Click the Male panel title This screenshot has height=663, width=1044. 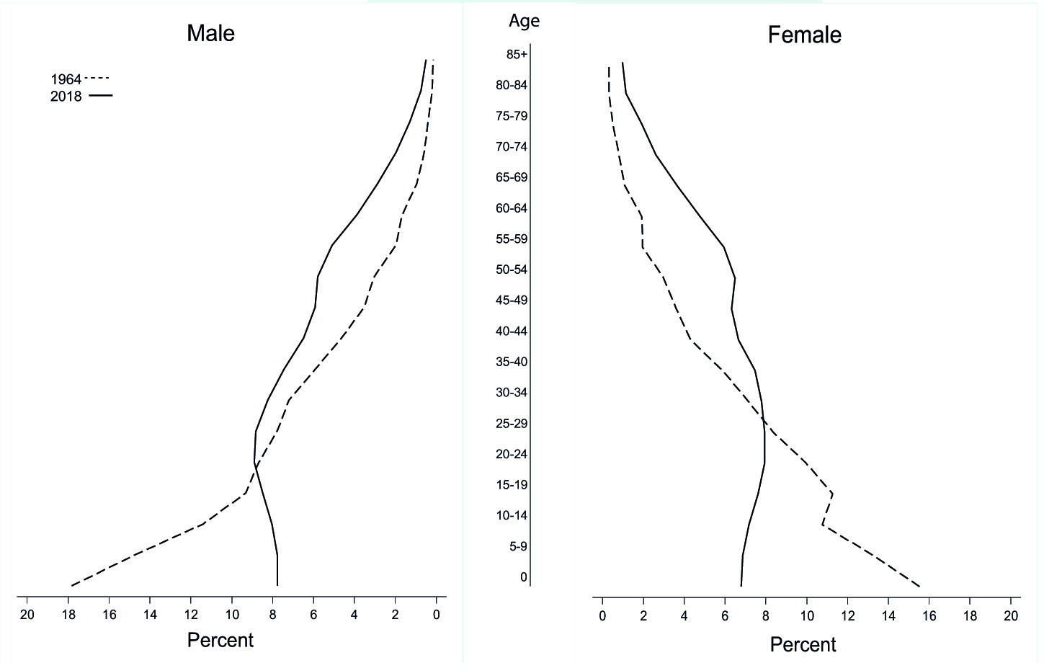coord(210,33)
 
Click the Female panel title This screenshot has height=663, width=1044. coord(804,35)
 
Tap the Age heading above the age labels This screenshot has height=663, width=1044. coord(524,21)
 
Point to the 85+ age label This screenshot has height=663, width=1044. coord(517,54)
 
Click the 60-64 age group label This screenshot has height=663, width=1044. coord(512,208)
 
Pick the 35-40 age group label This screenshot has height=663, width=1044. coord(512,362)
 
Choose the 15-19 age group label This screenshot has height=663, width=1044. coord(512,485)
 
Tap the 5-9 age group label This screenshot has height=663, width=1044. coord(518,546)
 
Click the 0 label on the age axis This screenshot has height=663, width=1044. coord(524,577)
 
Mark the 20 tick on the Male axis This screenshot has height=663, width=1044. coord(27,615)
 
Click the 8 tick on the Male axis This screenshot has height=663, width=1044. coord(273,615)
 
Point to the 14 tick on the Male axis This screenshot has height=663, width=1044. coord(150,615)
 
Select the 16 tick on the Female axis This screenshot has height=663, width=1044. coord(929,615)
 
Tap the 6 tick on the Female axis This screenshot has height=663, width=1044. coord(726,615)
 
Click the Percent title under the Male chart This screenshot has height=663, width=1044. coord(220,640)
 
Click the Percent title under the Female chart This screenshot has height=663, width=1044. coord(803,644)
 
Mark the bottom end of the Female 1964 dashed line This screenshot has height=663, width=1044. coord(919,587)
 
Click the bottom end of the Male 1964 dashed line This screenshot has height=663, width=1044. coord(71,586)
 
